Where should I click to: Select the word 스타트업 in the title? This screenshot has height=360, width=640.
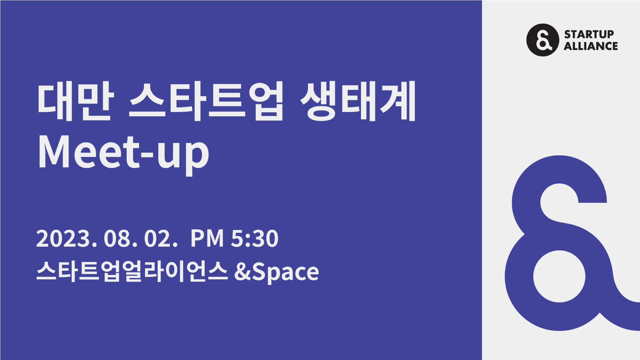tap(206, 101)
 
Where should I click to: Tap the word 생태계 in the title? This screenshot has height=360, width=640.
tap(358, 101)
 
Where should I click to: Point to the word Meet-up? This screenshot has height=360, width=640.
tap(124, 153)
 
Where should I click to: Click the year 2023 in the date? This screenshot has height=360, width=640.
tap(64, 239)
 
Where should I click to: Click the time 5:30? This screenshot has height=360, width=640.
tap(254, 239)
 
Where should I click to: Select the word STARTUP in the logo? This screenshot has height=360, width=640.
tap(589, 34)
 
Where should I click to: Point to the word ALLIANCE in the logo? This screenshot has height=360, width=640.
tap(591, 46)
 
